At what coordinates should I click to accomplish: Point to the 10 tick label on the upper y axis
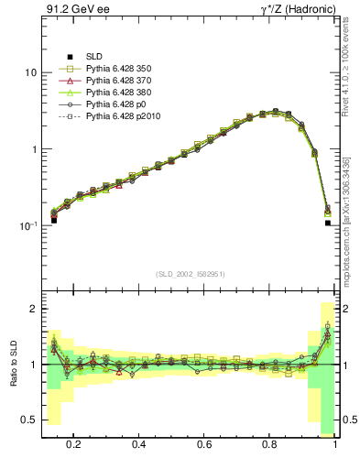point(28,73)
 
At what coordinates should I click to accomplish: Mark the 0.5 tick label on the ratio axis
point(27,420)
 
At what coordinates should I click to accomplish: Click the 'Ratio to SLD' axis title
point(12,365)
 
